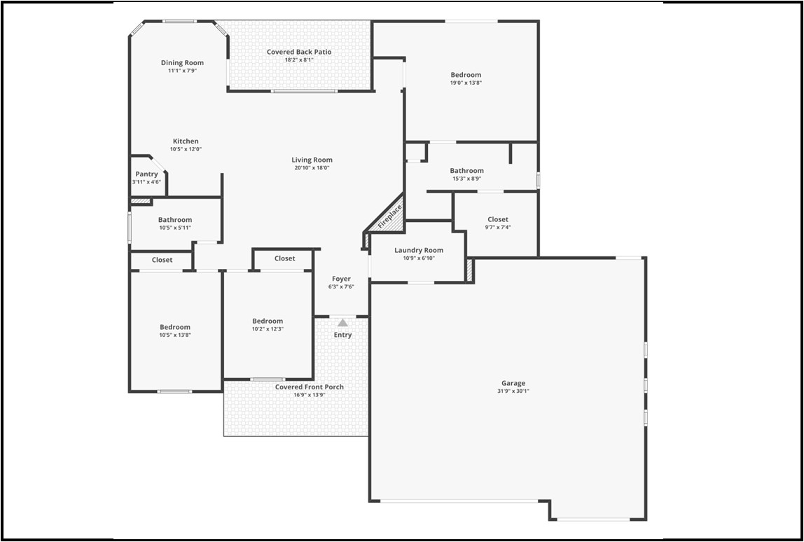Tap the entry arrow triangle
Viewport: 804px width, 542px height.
point(342,323)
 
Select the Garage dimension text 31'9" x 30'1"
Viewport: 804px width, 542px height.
point(513,391)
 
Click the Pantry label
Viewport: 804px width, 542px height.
point(146,174)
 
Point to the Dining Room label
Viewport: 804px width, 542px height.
point(182,62)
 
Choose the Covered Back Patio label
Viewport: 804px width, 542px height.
point(299,52)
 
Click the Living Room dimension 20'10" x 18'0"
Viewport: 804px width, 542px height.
point(312,167)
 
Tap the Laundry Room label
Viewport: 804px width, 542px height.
point(419,250)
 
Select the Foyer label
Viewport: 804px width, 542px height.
point(342,279)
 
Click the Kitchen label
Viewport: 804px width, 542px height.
point(186,141)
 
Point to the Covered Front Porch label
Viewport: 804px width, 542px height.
point(310,387)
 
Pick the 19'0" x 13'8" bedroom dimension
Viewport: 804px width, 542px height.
point(466,83)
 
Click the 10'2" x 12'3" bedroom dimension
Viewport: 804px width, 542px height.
point(268,329)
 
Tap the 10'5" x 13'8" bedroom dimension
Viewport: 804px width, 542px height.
point(175,335)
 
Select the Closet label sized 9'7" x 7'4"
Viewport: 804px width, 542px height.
point(498,219)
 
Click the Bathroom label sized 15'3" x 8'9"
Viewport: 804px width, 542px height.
point(466,171)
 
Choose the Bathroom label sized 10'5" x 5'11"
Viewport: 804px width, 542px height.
point(175,219)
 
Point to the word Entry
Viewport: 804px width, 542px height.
point(342,335)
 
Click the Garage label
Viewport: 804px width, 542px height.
point(513,383)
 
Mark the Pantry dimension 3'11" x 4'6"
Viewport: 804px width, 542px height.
point(146,182)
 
